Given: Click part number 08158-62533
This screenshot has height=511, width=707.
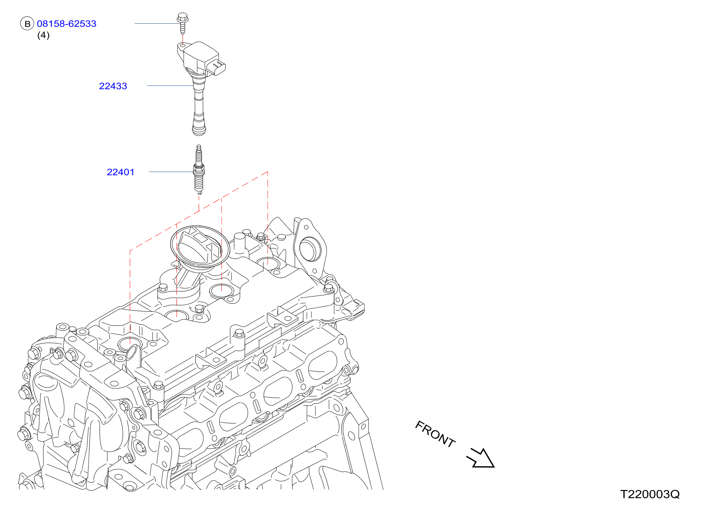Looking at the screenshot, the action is pyautogui.click(x=66, y=24).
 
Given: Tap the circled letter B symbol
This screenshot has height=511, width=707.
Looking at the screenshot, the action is pyautogui.click(x=27, y=24).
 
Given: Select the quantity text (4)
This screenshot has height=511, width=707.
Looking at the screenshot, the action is pyautogui.click(x=43, y=35).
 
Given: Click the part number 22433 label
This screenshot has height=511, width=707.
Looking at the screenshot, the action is pyautogui.click(x=113, y=86).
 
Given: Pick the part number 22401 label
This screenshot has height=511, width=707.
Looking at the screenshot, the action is pyautogui.click(x=121, y=172).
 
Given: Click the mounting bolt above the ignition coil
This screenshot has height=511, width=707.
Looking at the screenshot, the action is pyautogui.click(x=182, y=23).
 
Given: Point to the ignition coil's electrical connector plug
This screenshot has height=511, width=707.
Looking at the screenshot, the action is pyautogui.click(x=217, y=67).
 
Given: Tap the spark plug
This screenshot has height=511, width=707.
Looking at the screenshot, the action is pyautogui.click(x=199, y=170).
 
